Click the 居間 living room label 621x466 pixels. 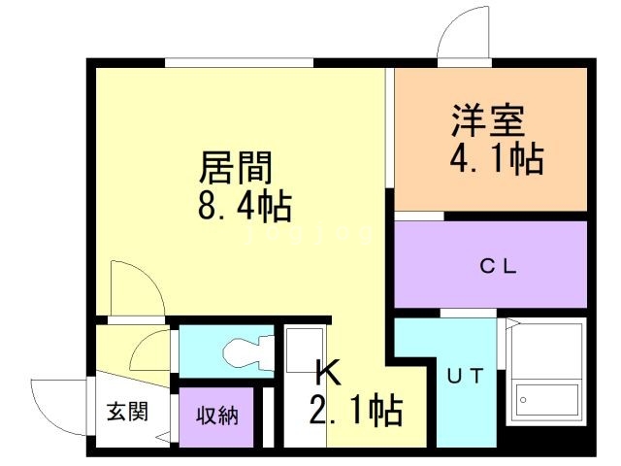click(x=236, y=168)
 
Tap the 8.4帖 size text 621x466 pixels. click(x=245, y=207)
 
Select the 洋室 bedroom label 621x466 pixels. click(x=489, y=120)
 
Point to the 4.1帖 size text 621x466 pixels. click(x=496, y=159)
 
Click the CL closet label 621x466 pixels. click(x=498, y=266)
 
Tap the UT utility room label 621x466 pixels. click(x=466, y=376)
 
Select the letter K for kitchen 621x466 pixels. click(x=328, y=373)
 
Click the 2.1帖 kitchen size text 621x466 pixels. click(x=356, y=411)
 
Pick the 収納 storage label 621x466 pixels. click(x=217, y=416)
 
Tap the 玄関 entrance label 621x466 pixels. click(x=127, y=412)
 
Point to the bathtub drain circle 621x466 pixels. click(x=523, y=400)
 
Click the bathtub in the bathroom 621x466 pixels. click(x=545, y=399)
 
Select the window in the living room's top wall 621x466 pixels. click(x=240, y=63)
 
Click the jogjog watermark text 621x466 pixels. click(x=310, y=234)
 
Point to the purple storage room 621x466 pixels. click(x=216, y=416)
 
